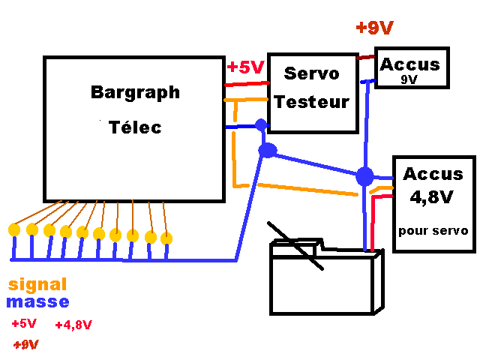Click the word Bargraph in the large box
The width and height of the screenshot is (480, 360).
[x=135, y=93]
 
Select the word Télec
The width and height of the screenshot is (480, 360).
[x=135, y=127]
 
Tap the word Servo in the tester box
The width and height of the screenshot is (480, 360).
[x=312, y=73]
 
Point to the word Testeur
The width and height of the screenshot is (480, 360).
[x=312, y=102]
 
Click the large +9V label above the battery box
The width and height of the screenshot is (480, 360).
[x=375, y=28]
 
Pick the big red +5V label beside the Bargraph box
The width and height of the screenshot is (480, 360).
[x=245, y=67]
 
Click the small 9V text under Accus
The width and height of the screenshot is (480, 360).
[x=409, y=79]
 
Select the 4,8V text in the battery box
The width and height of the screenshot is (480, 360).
[x=431, y=197]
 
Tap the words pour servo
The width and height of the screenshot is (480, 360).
[x=433, y=230]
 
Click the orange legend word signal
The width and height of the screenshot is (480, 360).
[x=37, y=284]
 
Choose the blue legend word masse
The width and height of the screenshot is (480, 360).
[x=37, y=301]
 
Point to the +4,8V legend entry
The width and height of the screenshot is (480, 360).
[x=73, y=325]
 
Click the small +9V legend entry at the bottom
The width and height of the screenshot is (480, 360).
[x=26, y=345]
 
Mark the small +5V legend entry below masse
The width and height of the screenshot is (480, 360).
[x=24, y=323]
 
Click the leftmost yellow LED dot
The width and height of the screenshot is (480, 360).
[x=14, y=230]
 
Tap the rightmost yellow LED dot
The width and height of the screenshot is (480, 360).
[x=166, y=238]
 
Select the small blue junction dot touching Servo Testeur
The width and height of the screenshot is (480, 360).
[x=261, y=125]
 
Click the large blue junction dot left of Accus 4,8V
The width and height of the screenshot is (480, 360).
[x=364, y=177]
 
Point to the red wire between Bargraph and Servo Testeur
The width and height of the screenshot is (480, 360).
[x=247, y=83]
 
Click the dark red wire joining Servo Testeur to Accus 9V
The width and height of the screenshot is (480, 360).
[x=365, y=57]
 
